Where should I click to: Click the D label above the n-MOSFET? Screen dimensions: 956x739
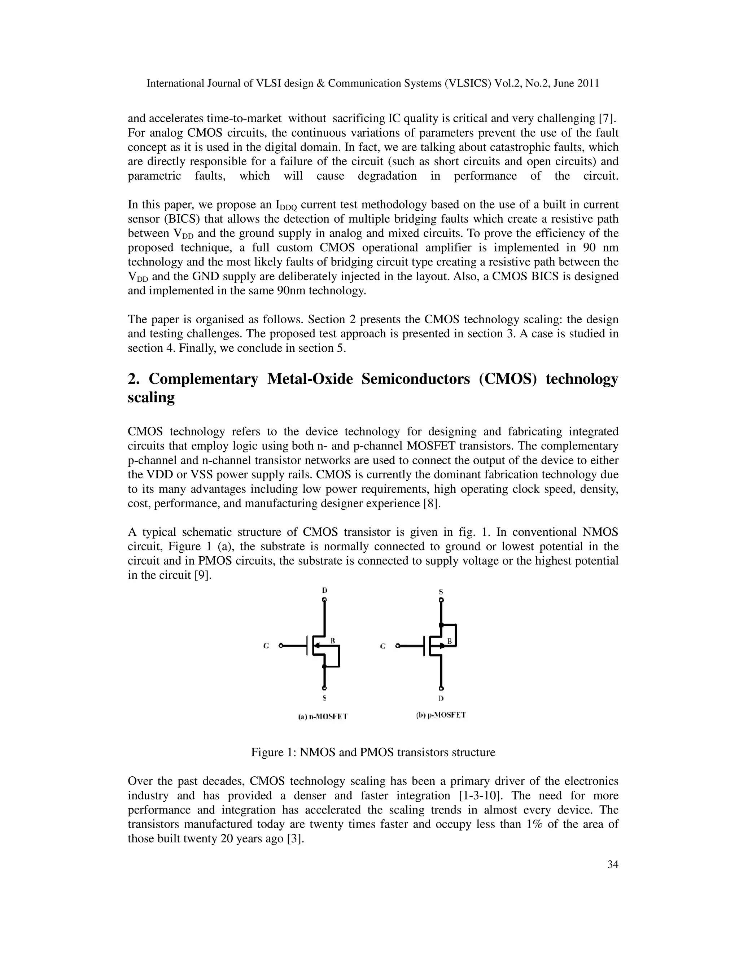(324, 590)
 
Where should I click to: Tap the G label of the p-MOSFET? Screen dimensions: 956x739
(382, 646)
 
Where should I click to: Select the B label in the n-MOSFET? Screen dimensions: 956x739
(333, 641)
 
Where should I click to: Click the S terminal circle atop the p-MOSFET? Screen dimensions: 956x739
(441, 600)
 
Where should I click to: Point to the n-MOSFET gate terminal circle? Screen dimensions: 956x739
(281, 646)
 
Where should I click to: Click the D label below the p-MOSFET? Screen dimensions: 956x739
(441, 699)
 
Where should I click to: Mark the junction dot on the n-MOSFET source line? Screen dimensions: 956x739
(324, 666)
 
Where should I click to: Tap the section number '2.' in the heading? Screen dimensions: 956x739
(133, 379)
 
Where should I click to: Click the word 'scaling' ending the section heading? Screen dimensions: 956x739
(151, 398)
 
